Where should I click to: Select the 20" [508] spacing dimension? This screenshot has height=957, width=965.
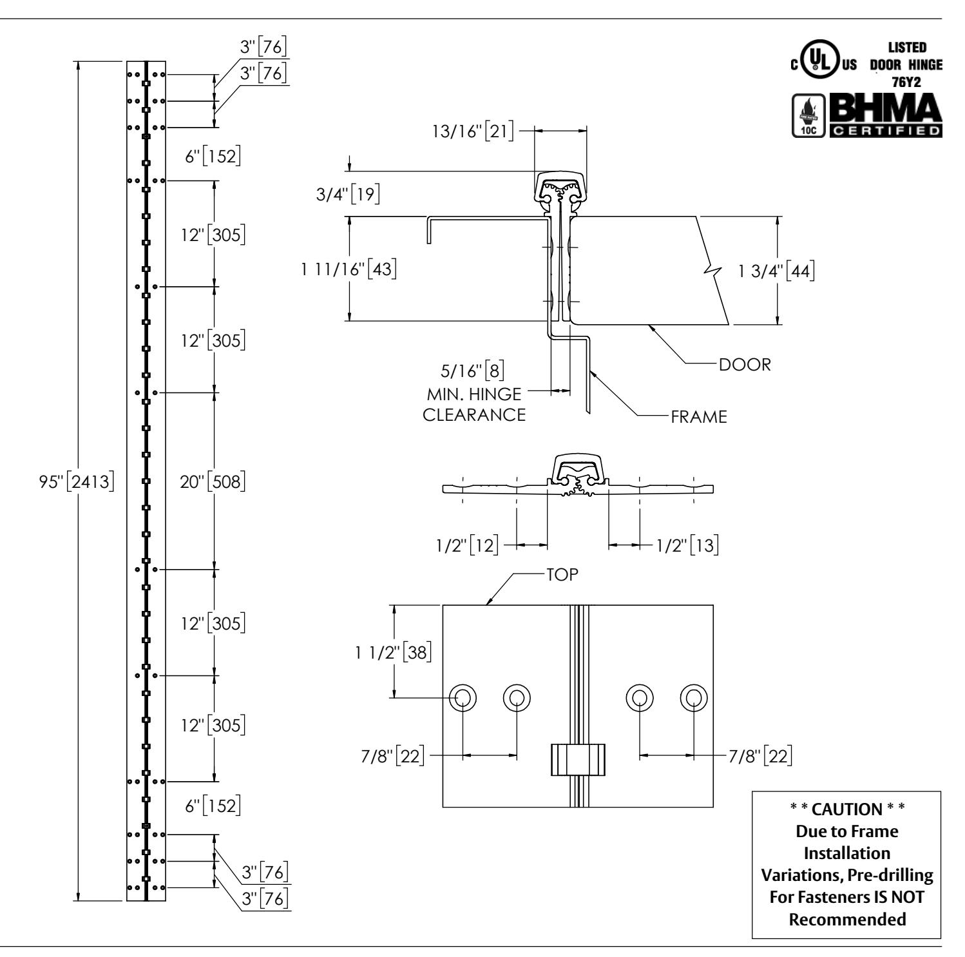(213, 481)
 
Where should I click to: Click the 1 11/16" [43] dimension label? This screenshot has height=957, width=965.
(349, 269)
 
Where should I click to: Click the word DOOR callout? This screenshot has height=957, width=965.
(744, 365)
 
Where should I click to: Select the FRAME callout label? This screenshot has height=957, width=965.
(699, 416)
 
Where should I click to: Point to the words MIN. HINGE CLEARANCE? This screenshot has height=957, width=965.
(474, 403)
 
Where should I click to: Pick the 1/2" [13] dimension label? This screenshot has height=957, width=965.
(687, 545)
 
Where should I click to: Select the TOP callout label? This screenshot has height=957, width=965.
(562, 575)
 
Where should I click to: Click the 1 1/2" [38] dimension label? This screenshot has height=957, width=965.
(391, 653)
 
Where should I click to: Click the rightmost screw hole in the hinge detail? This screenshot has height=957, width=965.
(694, 697)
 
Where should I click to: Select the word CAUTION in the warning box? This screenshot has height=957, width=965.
(846, 809)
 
